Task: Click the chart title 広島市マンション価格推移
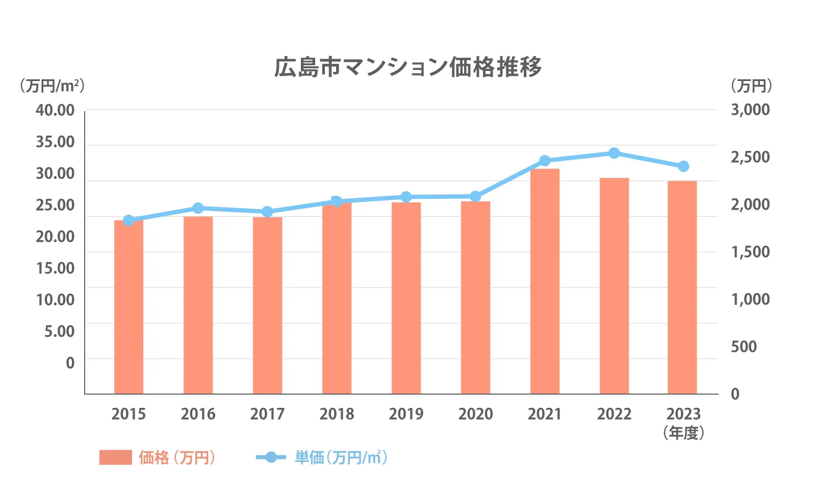click(x=408, y=67)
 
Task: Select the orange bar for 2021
click(x=545, y=281)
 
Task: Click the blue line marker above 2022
click(x=614, y=153)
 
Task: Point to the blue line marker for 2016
click(x=198, y=208)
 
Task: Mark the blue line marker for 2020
click(x=475, y=196)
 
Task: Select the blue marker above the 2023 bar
click(x=683, y=166)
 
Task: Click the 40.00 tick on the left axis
click(x=55, y=110)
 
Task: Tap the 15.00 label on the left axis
click(x=55, y=268)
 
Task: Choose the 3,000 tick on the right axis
click(x=750, y=110)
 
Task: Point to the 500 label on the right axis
click(x=744, y=347)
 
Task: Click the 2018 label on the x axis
click(x=337, y=414)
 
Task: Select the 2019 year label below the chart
click(x=406, y=414)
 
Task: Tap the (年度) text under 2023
click(x=683, y=433)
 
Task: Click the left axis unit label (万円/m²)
click(x=52, y=86)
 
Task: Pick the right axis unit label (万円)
click(x=751, y=86)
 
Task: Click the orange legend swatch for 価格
click(x=115, y=457)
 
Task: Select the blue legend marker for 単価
click(x=271, y=457)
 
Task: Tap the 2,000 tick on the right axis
click(x=750, y=204)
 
